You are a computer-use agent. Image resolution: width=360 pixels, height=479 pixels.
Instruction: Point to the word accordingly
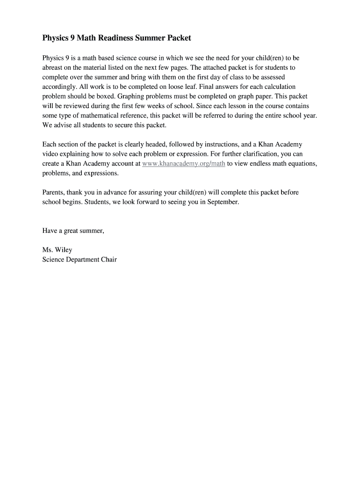tap(59, 87)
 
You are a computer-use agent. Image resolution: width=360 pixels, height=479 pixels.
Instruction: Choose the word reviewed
tap(76, 106)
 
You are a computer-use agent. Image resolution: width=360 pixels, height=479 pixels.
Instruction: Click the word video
tap(50, 154)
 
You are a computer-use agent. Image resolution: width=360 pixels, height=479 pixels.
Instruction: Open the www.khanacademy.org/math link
tap(183, 164)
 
